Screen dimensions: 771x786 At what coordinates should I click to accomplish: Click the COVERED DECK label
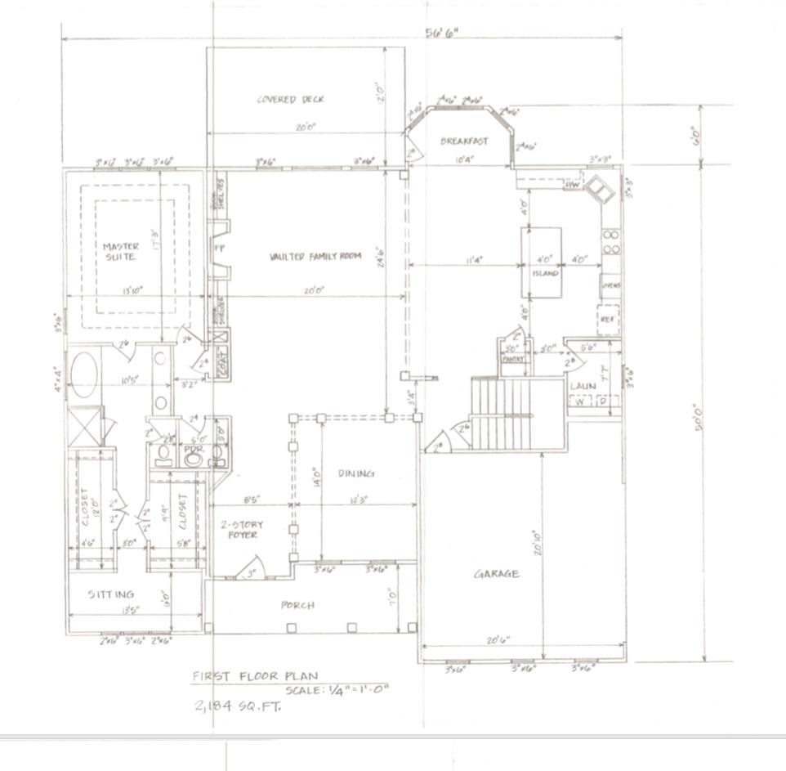coord(291,100)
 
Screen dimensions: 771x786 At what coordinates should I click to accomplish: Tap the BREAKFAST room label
coord(464,141)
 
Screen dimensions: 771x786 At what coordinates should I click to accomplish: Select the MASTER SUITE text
coord(121,251)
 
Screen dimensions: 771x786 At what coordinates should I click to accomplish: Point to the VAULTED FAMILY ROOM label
coord(315,257)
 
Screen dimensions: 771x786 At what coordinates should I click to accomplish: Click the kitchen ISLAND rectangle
coord(541,264)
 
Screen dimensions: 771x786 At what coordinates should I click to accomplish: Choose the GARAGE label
coord(497,574)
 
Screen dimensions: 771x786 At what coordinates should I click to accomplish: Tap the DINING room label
coord(356,473)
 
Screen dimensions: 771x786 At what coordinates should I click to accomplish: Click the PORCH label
coord(297,606)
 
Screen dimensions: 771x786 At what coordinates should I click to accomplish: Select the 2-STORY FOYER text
coord(239,530)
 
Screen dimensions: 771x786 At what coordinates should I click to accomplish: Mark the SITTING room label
coord(111,594)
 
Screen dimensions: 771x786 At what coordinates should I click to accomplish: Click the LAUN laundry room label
coord(583,385)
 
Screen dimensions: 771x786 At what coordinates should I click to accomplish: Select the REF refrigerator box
coord(608,321)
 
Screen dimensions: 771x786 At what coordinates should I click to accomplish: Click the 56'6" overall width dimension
coord(442,34)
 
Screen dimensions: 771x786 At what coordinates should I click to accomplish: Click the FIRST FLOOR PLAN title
coord(255,676)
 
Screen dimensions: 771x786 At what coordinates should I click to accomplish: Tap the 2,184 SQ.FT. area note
coord(238,706)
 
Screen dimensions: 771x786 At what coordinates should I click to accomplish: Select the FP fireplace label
coord(219,246)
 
